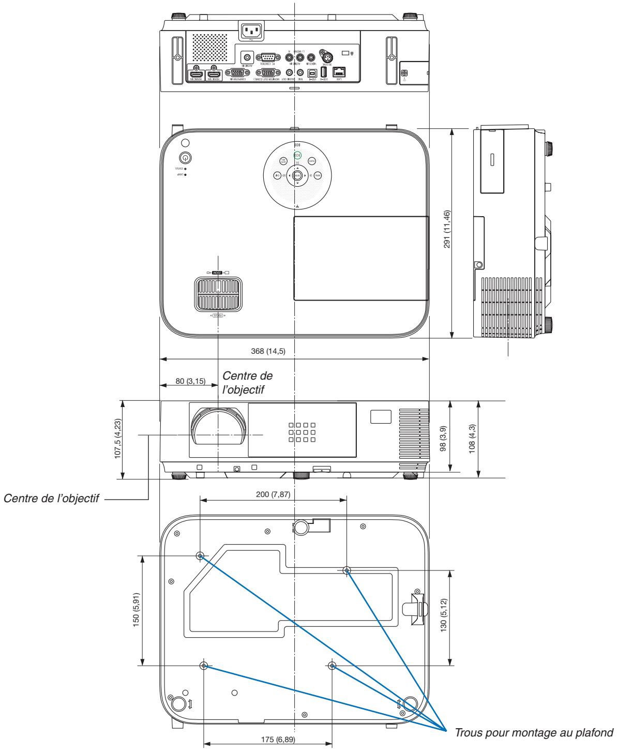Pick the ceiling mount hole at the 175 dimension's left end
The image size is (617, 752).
click(204, 665)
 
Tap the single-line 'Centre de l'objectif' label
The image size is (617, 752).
click(52, 500)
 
